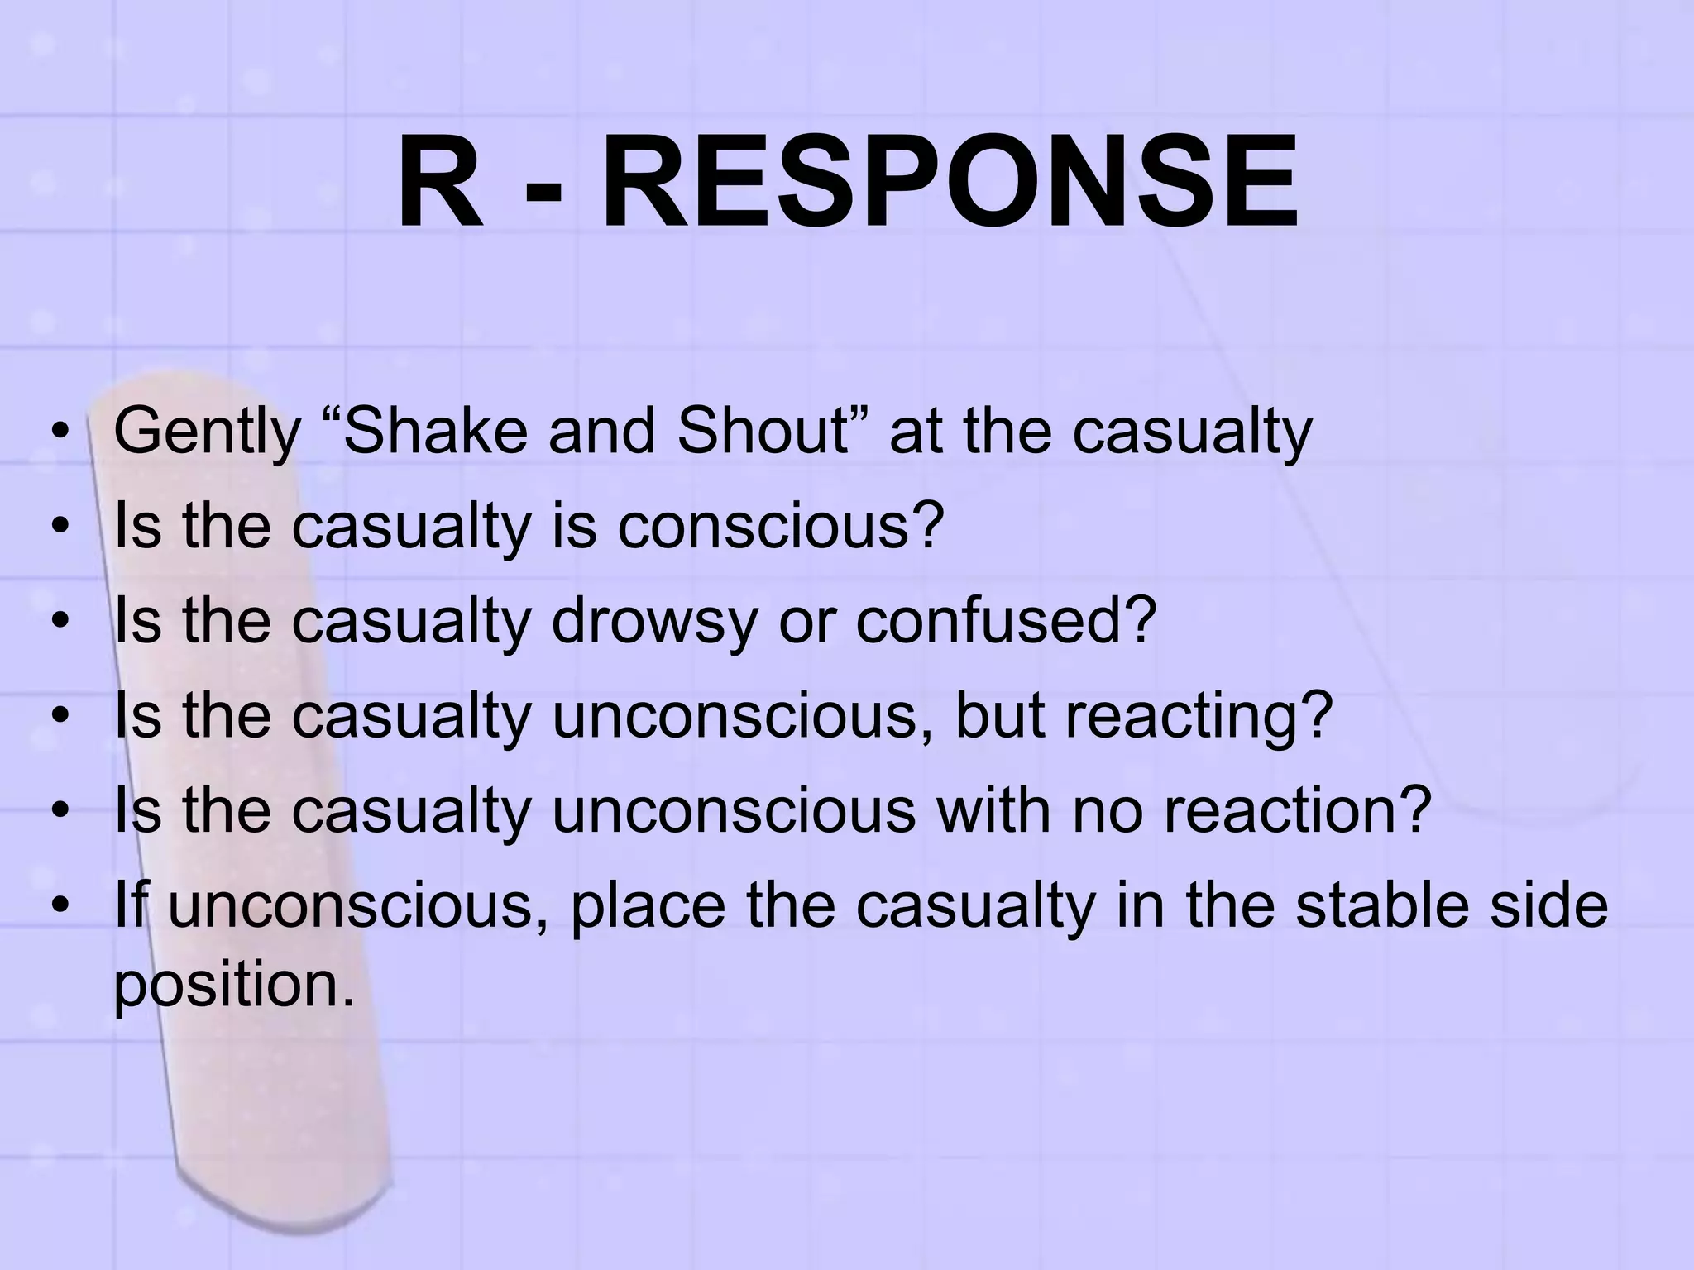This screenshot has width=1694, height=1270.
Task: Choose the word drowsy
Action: click(654, 623)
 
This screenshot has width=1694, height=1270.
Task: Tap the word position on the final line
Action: click(234, 986)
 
